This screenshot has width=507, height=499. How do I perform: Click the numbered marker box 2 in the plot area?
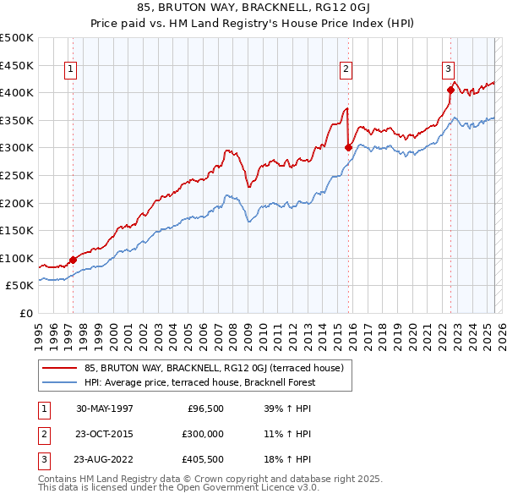tap(346, 70)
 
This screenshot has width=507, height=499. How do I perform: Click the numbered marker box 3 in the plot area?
tap(448, 70)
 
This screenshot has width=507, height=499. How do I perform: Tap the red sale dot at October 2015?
tap(349, 147)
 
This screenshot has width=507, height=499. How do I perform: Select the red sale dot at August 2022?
tap(450, 89)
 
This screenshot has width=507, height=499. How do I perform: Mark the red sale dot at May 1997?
tap(74, 260)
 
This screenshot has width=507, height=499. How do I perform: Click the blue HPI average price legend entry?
tap(199, 382)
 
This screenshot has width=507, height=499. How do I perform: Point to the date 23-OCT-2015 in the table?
tap(105, 434)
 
